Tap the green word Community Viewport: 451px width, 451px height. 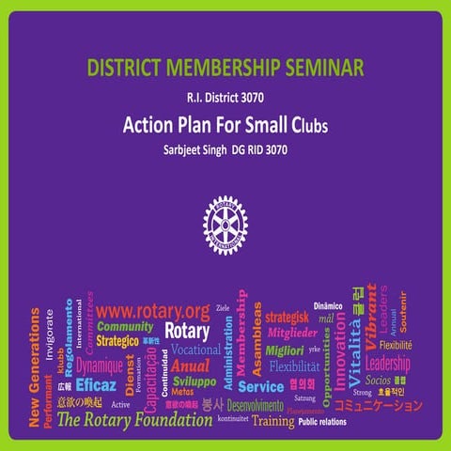[x=125, y=327]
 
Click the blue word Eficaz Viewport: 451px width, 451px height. [x=96, y=385]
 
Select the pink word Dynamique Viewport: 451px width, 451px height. [x=100, y=365]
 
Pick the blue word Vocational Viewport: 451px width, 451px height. [x=195, y=350]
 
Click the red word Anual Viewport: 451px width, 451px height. [x=191, y=365]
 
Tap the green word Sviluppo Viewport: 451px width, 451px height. [x=194, y=381]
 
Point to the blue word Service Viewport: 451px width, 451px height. [x=260, y=386]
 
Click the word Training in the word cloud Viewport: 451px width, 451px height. [x=272, y=421]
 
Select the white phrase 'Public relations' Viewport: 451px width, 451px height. [x=328, y=422]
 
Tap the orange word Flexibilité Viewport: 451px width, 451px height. [x=396, y=345]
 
